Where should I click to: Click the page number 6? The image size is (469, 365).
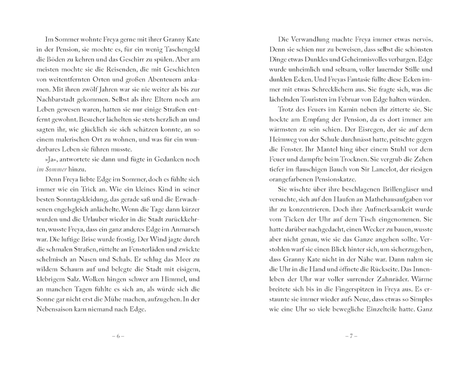coord(118,336)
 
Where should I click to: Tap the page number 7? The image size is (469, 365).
coord(351,336)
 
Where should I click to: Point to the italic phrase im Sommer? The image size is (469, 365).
coord(51,169)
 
